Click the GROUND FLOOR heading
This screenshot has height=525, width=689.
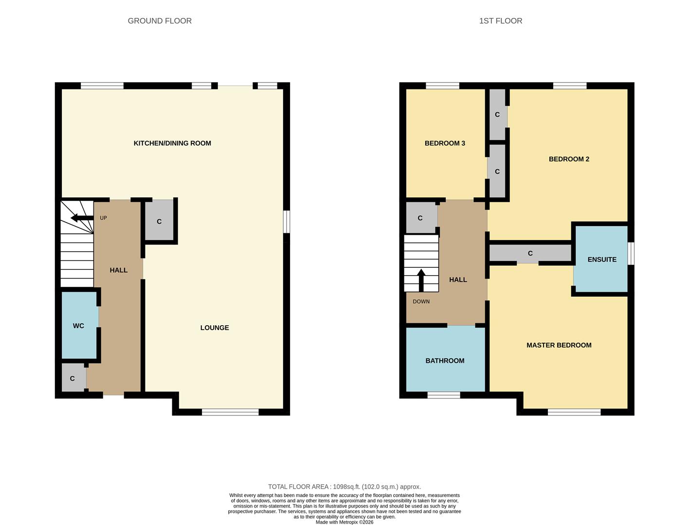pos(160,21)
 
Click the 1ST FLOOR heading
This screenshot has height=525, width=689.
pos(500,21)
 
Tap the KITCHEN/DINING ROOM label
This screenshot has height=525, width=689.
pos(172,143)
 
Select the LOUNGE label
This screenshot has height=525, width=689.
pos(215,328)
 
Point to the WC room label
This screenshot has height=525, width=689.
pos(78,326)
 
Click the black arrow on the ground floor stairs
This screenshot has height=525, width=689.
pos(82,218)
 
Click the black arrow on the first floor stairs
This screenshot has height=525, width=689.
pos(421,280)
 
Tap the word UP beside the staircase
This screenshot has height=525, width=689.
pos(103,218)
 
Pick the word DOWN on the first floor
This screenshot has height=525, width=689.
pos(421,301)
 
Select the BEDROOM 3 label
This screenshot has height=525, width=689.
pos(445,143)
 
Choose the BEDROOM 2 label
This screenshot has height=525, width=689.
pos(569,159)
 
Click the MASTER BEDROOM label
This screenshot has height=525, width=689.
pos(559,345)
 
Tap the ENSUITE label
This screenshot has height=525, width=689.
pos(602,260)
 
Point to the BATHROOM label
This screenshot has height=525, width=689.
pos(445,361)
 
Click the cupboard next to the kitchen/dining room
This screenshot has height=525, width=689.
pos(159,221)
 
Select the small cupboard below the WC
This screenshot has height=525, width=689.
pos(73,378)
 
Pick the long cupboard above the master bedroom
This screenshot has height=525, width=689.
pos(530,253)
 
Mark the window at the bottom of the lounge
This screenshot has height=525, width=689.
pos(230,412)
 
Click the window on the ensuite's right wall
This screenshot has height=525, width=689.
pos(631,253)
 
